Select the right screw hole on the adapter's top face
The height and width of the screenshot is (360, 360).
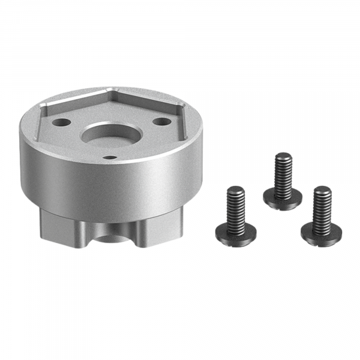(160, 121)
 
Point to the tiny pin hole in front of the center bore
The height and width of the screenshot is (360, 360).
(110, 157)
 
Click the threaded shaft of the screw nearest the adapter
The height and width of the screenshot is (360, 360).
(235, 204)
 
